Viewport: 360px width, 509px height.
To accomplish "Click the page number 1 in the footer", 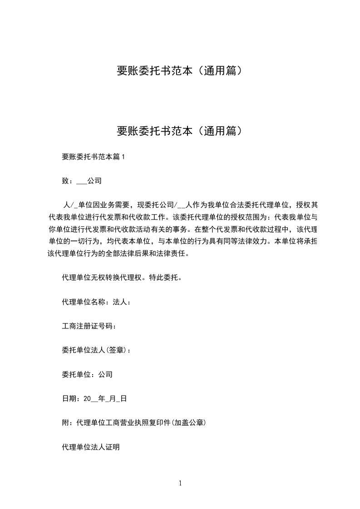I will [180, 483].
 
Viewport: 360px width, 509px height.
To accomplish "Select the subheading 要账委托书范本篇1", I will [93, 157].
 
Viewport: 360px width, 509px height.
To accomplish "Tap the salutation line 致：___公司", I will [81, 181].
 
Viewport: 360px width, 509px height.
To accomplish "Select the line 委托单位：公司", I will [87, 374].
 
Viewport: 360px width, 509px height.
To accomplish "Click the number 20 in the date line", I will [88, 399].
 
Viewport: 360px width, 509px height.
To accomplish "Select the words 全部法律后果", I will [116, 254].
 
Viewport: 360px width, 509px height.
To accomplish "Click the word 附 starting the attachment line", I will [65, 423].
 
